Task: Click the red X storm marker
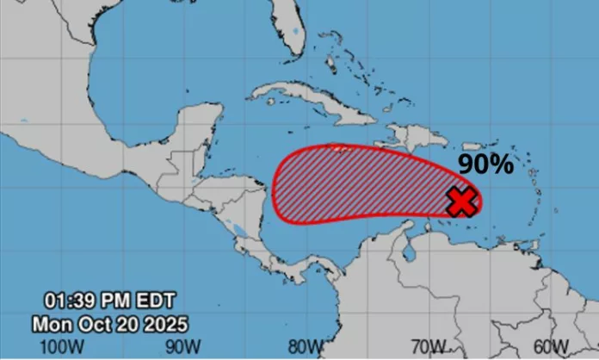[x=463, y=202]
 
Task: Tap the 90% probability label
[x=485, y=164]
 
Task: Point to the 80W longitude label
[x=305, y=346]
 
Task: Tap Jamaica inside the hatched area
[x=343, y=149]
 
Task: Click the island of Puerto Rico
[x=466, y=146]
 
